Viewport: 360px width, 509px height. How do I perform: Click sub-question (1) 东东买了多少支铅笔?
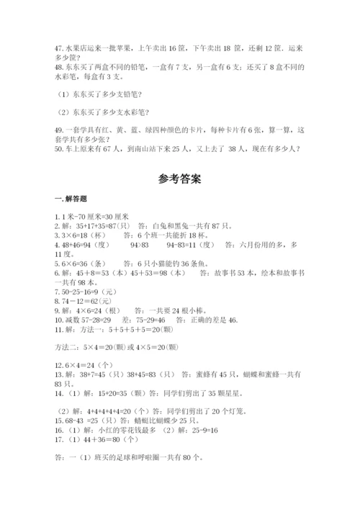101,94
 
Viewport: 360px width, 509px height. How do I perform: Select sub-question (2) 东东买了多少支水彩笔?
104,112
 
